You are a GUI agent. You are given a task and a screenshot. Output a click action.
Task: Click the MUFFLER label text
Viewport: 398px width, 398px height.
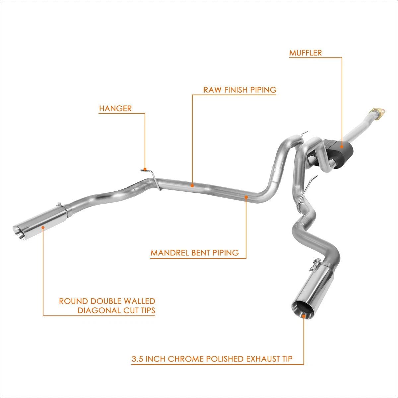305,53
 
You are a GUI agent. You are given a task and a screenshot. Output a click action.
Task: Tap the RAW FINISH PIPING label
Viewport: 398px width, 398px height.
240,90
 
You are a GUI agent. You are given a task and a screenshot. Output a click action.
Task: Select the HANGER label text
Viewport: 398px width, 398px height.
115,108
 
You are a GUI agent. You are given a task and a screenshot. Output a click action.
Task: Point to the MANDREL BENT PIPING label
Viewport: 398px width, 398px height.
195,253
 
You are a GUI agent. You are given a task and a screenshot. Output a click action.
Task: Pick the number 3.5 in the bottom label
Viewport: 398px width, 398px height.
137,359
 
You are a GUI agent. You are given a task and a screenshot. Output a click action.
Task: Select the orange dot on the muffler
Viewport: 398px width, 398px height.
342,147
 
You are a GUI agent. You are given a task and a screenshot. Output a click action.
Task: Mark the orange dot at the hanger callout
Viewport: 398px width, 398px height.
145,169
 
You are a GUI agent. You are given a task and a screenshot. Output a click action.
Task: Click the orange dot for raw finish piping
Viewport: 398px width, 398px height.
192,186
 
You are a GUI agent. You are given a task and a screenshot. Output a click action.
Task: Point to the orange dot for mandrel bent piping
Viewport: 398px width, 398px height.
246,197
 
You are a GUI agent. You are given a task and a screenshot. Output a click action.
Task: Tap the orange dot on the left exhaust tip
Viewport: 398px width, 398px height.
43,227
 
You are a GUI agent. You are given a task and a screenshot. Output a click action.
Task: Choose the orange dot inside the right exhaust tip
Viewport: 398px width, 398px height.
304,322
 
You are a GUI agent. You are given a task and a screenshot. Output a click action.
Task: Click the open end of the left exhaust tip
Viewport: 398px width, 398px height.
19,233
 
